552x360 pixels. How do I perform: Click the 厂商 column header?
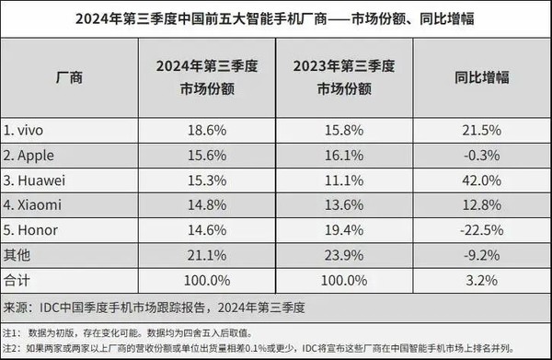[70, 76]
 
